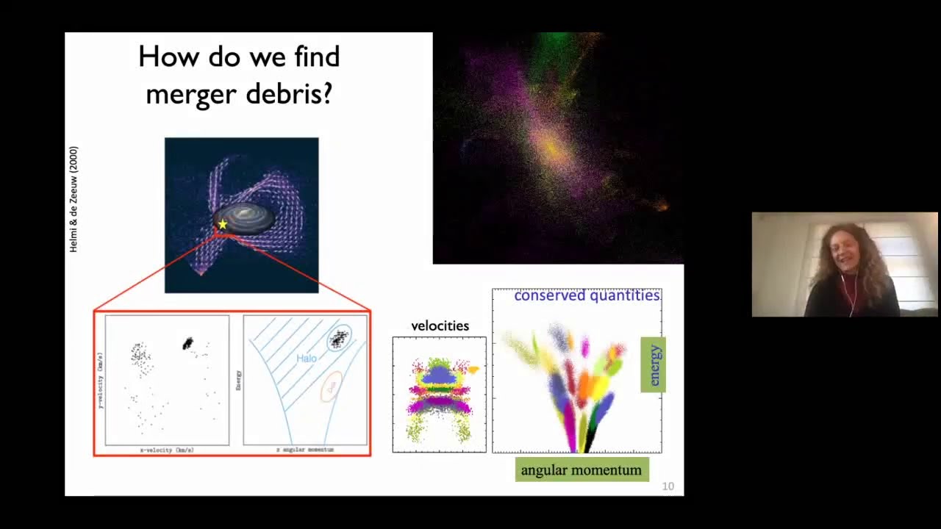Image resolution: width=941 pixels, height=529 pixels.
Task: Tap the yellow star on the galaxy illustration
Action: point(223,224)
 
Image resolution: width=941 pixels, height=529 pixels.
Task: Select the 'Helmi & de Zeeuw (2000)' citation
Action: point(74,199)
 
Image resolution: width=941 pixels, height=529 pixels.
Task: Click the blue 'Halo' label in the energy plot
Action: point(307,359)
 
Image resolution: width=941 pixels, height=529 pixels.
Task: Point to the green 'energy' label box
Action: point(654,364)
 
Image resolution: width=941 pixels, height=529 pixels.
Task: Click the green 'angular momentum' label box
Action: point(582,470)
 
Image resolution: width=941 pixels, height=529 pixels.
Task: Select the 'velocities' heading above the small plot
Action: point(440,325)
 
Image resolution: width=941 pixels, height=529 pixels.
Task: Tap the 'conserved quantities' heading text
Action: point(587,295)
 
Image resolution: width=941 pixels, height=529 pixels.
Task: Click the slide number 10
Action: point(668,486)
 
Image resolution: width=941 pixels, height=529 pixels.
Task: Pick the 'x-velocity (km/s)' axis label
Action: point(167,450)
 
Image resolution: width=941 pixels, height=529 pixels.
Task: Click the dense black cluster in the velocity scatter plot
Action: point(187,343)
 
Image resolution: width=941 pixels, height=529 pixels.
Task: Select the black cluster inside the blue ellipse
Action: point(339,338)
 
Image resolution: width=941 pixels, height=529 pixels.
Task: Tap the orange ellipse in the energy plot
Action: point(332,386)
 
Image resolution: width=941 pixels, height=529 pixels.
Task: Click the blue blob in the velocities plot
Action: point(440,375)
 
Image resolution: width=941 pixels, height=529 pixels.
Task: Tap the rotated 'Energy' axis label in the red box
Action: point(238,380)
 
